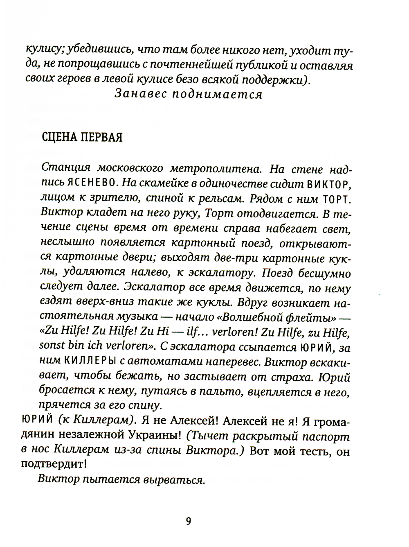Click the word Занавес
coord(139,94)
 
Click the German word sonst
coord(52,346)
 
